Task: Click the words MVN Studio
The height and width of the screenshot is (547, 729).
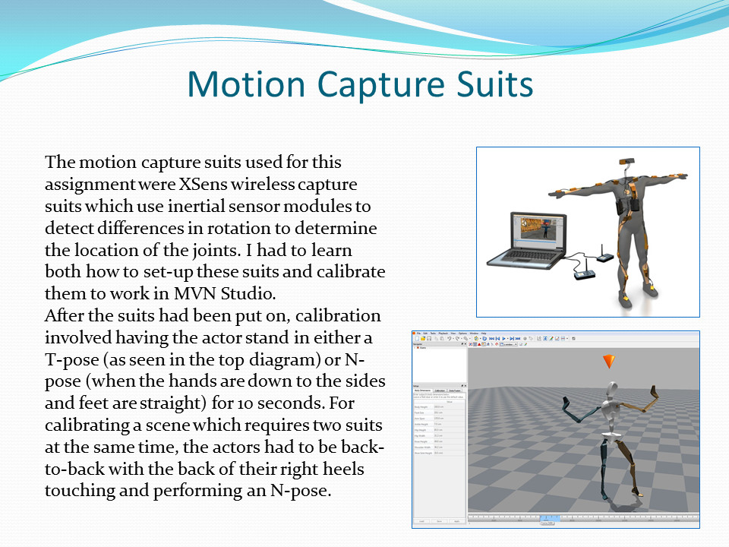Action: coord(260,293)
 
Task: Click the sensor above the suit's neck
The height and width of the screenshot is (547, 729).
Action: coord(629,161)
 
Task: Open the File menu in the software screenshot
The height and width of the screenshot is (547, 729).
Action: coord(419,334)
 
